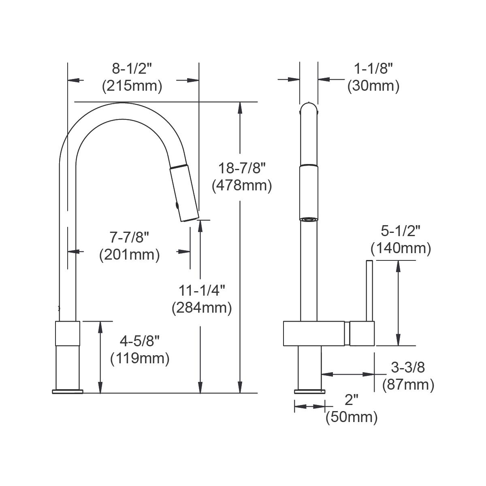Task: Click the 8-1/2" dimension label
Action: click(132, 69)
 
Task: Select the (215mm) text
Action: click(132, 86)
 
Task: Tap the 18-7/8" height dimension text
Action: click(242, 168)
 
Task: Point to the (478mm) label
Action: click(242, 185)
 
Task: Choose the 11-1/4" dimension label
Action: click(202, 290)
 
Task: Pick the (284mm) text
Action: click(202, 308)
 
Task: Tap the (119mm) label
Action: click(140, 358)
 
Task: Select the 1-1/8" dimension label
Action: click(373, 69)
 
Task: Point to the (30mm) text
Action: click(373, 86)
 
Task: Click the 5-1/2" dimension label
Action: click(401, 231)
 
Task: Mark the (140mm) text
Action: click(401, 248)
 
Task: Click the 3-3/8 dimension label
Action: click(408, 367)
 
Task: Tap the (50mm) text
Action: click(352, 417)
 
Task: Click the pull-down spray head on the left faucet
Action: click(183, 192)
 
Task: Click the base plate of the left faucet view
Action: click(68, 391)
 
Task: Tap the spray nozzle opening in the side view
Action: click(309, 219)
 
